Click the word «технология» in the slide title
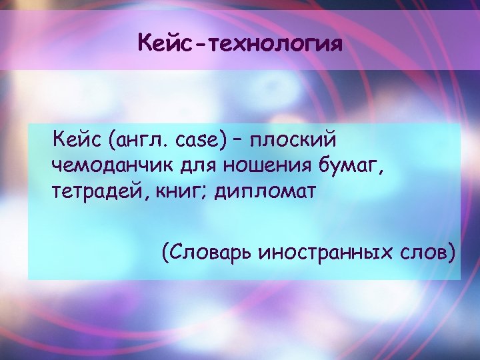[x=275, y=45]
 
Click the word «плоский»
[x=293, y=141]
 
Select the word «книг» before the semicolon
[x=175, y=192]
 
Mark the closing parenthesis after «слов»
[x=454, y=253]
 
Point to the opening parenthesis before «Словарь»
[x=164, y=253]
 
